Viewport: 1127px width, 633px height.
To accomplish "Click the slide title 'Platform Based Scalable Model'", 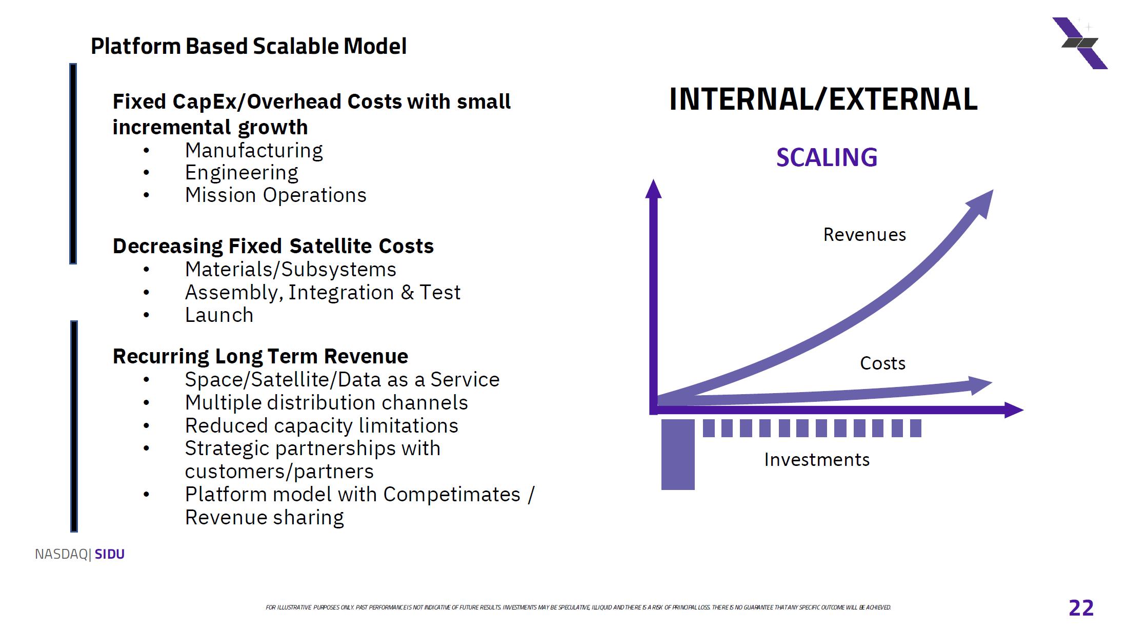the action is click(249, 46).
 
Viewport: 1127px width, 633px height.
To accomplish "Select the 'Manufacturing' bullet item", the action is click(254, 151).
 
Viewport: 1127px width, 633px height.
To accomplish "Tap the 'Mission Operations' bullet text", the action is click(276, 195).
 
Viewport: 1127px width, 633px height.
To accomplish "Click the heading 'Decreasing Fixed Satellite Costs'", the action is click(273, 246).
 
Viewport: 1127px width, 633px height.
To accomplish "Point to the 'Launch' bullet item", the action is click(219, 315).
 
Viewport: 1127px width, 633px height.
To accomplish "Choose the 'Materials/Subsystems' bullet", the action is click(291, 270).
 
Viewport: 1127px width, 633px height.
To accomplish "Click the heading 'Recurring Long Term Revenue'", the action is click(260, 356).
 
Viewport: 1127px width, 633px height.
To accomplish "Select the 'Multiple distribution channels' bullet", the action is click(327, 403).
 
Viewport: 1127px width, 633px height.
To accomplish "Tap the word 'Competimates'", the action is click(452, 495).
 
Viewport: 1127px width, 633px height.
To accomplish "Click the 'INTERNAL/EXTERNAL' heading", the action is click(823, 99).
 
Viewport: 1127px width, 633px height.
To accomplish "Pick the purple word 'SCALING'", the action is click(827, 157).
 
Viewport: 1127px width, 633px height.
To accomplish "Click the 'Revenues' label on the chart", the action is click(864, 235).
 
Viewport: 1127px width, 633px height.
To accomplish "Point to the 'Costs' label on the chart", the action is click(882, 363).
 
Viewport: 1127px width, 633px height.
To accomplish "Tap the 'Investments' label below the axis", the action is click(817, 460).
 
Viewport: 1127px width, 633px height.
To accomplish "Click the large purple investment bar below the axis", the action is click(678, 455).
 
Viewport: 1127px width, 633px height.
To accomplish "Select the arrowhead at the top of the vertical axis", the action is click(653, 189).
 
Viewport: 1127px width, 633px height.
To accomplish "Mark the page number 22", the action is click(1081, 608).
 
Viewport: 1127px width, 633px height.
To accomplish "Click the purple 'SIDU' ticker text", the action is click(110, 554).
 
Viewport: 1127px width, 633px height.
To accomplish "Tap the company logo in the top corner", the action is click(1080, 43).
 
